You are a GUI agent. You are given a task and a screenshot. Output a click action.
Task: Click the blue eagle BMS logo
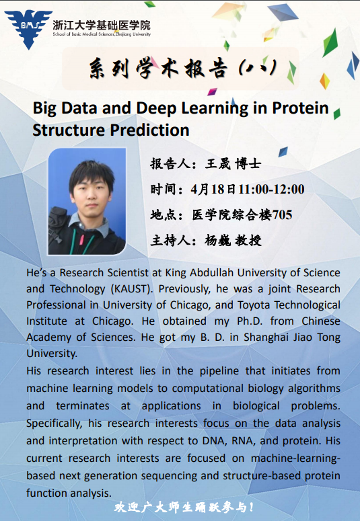(28, 29)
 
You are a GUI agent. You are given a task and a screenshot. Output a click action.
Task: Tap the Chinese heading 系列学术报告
(158, 69)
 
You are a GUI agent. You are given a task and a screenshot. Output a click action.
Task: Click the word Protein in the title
(300, 108)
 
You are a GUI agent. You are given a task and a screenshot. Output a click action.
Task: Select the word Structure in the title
(69, 130)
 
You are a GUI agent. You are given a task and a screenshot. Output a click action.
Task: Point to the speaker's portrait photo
(87, 202)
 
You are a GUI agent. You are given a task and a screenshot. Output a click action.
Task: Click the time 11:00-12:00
(271, 189)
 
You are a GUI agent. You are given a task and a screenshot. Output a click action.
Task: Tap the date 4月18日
(213, 189)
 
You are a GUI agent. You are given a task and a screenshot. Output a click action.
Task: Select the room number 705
(282, 214)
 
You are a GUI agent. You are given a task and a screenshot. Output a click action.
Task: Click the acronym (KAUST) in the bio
(132, 289)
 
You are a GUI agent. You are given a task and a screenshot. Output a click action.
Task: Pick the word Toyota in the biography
(254, 305)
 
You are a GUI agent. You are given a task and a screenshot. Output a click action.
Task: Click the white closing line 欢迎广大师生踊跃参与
(184, 507)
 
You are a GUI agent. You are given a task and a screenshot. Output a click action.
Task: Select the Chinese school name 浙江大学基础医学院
(102, 25)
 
